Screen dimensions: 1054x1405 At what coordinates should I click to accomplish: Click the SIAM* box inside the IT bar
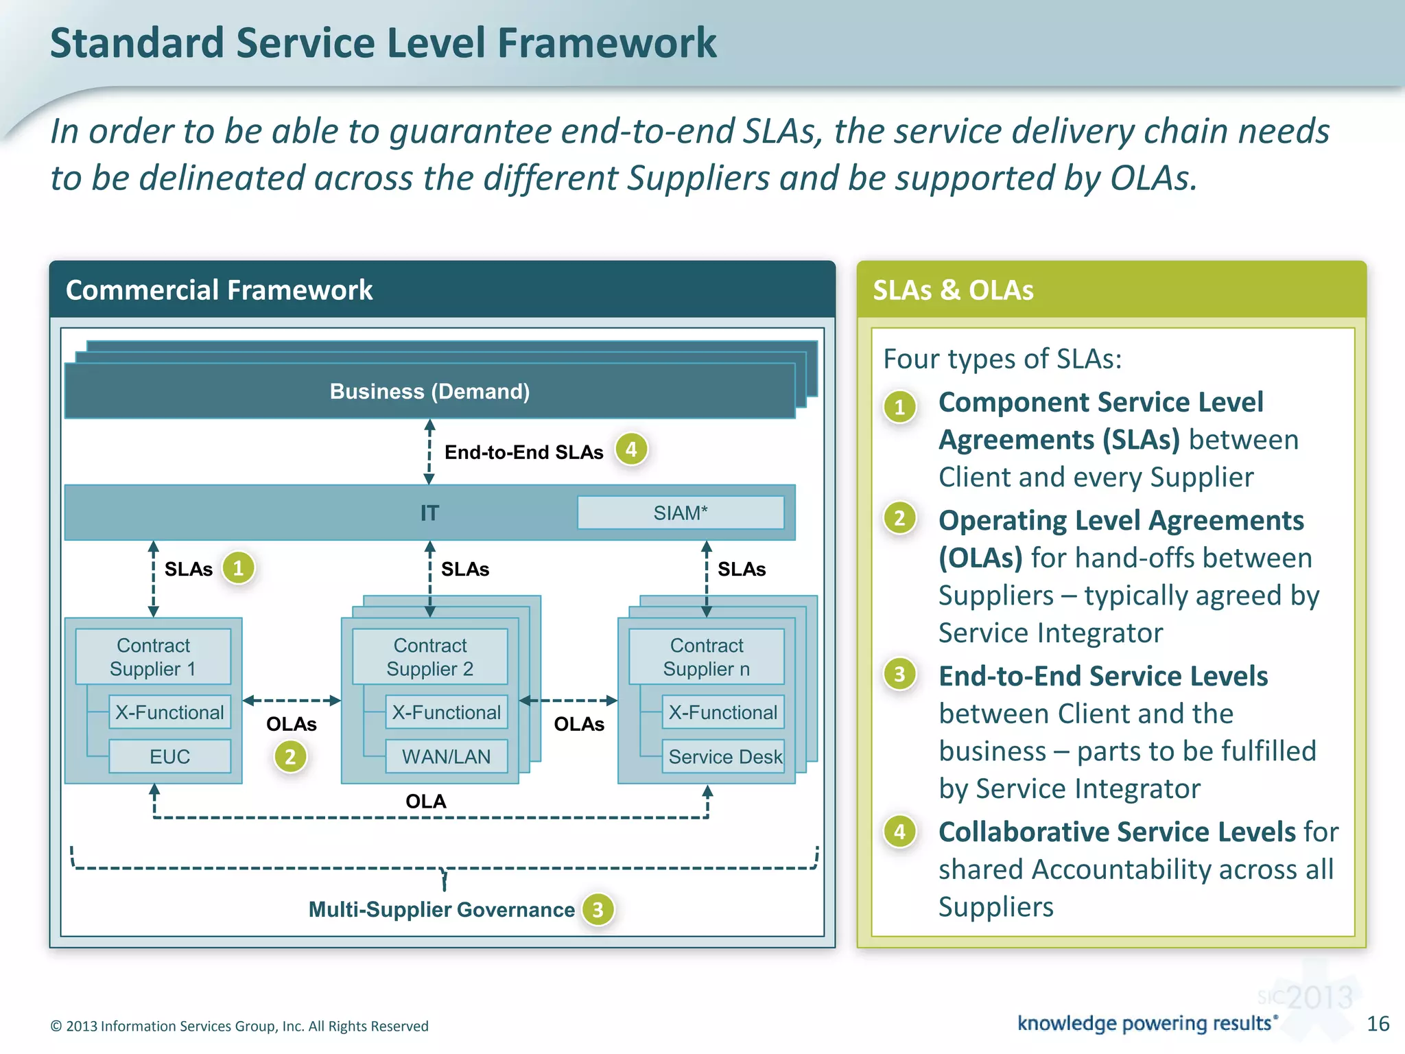point(680,513)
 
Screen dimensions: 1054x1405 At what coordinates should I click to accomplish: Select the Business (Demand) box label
point(429,391)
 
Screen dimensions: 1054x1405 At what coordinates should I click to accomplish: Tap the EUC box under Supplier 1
point(169,756)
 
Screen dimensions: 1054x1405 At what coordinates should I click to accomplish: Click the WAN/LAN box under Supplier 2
point(446,756)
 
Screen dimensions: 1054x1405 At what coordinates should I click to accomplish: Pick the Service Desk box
point(724,756)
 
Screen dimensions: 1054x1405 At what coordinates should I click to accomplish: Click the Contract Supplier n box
point(706,657)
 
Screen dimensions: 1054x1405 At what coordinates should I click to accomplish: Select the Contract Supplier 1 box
point(153,657)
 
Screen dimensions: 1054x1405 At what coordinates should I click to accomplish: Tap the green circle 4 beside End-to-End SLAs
point(631,449)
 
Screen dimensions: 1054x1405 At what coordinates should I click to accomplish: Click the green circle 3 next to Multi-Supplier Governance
point(598,910)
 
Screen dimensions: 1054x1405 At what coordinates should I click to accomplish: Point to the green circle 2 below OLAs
point(290,757)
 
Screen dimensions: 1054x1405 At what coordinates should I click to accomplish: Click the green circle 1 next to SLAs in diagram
point(238,568)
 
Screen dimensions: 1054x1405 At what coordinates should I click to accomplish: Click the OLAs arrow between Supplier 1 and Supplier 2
point(292,701)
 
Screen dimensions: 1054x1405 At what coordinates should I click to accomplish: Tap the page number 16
point(1378,1024)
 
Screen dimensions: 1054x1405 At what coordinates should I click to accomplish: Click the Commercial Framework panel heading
point(219,290)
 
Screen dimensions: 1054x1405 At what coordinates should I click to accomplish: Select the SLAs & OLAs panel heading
point(953,290)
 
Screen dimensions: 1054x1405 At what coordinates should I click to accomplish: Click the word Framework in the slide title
point(606,43)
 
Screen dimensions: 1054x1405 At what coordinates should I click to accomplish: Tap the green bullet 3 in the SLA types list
point(899,675)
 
